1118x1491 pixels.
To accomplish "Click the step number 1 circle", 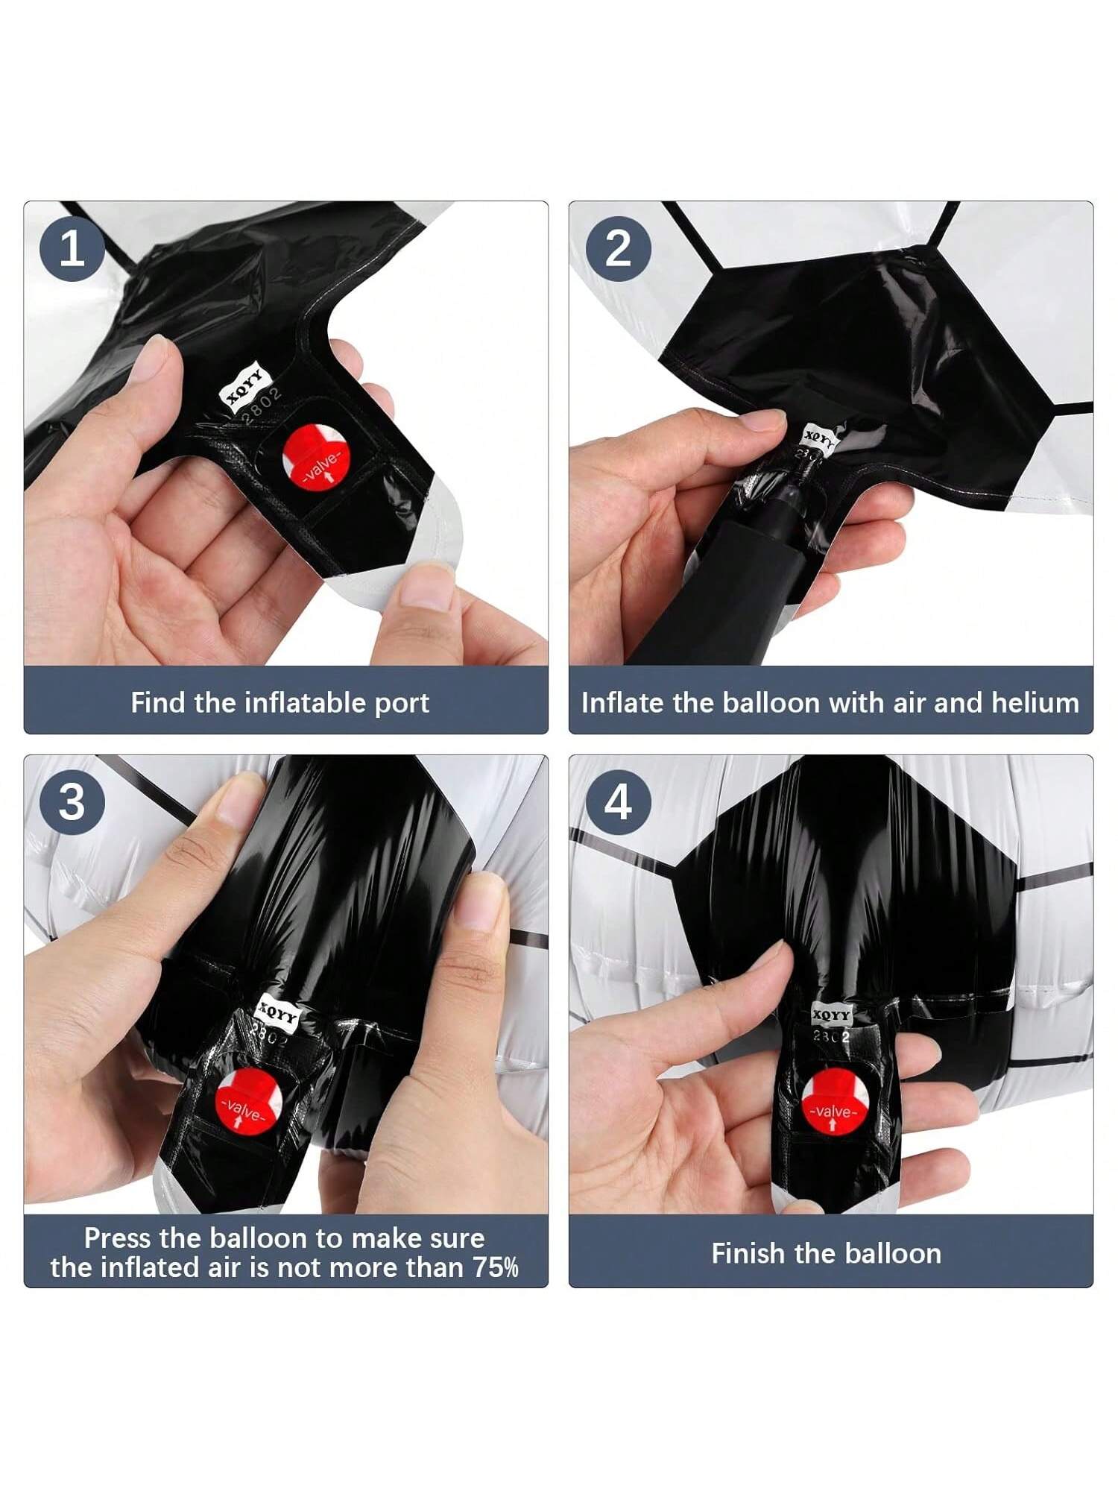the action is pos(72,248).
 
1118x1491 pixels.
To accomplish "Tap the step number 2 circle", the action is pos(618,248).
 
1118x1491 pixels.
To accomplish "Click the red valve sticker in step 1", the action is pos(315,458).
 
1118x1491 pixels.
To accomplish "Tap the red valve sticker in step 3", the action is pos(246,1100).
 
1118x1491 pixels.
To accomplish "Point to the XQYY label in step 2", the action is pos(819,438).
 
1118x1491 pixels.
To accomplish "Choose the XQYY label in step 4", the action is pos(830,1014).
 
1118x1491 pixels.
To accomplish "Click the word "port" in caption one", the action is pos(402,704).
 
